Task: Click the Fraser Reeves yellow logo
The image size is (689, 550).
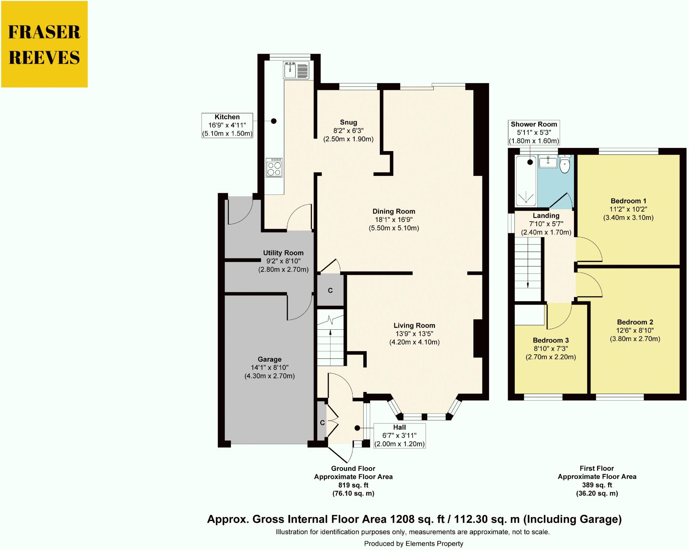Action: (44, 44)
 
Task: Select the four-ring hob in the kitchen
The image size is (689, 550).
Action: (274, 168)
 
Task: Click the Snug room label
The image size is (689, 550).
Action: (348, 122)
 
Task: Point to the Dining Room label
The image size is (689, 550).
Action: (394, 212)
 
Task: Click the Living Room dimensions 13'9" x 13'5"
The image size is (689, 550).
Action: (414, 334)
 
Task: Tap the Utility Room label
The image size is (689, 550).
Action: (283, 253)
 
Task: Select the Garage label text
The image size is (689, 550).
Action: (269, 359)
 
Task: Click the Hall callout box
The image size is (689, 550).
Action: (399, 436)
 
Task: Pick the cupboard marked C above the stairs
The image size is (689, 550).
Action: (330, 291)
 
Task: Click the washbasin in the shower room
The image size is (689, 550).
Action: (548, 162)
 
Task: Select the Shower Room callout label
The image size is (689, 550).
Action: (534, 133)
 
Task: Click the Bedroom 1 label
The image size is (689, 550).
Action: (628, 201)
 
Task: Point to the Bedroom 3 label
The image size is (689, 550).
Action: (551, 340)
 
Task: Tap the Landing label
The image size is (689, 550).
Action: (546, 216)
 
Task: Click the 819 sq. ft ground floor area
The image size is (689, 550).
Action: (353, 485)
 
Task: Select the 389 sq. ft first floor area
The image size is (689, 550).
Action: (597, 485)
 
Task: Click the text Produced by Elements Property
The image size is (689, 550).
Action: (413, 544)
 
